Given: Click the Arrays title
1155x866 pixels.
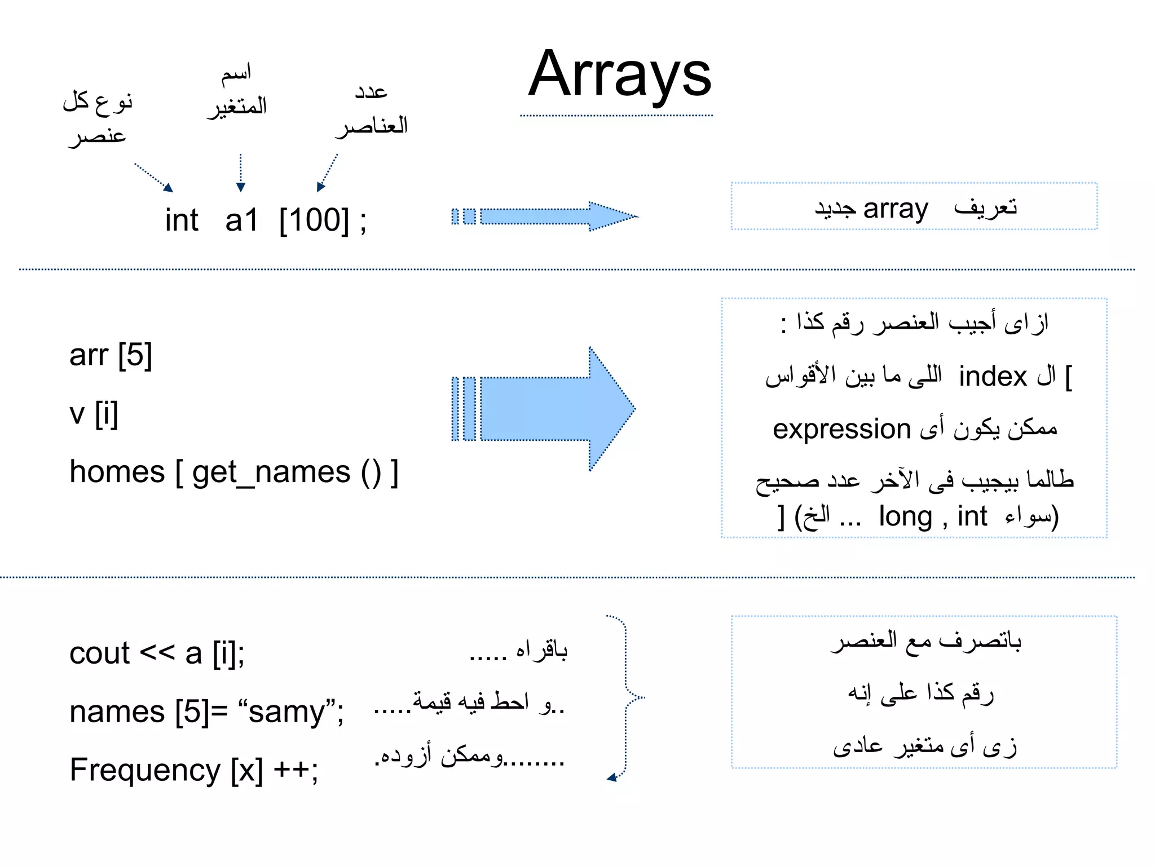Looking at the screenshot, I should click(x=619, y=75).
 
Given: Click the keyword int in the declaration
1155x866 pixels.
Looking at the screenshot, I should click(x=182, y=220).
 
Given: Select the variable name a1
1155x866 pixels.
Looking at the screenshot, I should click(x=241, y=220).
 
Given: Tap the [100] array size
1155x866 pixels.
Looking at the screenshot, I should click(x=314, y=220).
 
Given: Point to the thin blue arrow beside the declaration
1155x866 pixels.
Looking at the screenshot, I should click(x=544, y=216).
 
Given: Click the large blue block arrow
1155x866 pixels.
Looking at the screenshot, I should click(x=544, y=409).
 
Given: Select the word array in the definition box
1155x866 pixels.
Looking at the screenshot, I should click(x=896, y=209).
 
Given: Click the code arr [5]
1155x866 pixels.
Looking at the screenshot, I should click(x=111, y=355).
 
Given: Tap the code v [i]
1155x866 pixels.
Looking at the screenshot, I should click(x=94, y=414).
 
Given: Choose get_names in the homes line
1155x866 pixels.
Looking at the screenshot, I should click(x=271, y=472).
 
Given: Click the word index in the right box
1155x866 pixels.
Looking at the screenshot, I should click(x=993, y=377).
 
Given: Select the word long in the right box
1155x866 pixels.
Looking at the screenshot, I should click(x=905, y=516).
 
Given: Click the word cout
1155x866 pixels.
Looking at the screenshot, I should click(x=99, y=653).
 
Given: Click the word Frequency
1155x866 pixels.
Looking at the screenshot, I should click(x=145, y=770).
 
